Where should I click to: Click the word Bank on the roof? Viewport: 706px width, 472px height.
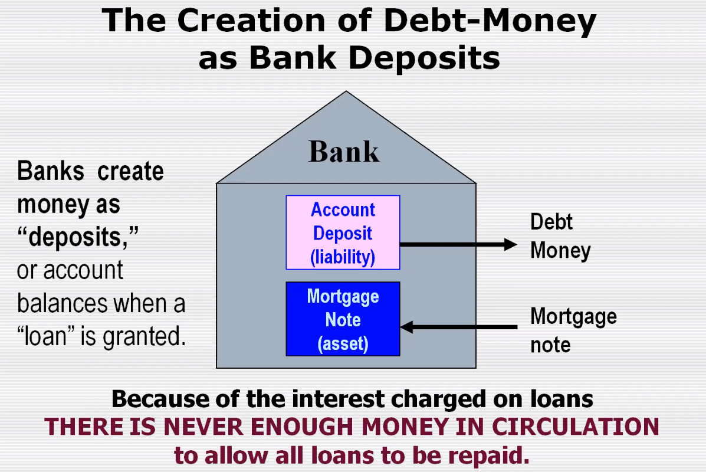(x=344, y=151)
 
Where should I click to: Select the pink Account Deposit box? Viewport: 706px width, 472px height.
(x=343, y=232)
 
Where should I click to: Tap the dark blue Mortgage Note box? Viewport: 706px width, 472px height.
(x=343, y=319)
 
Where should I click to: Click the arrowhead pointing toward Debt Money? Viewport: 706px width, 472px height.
(x=511, y=245)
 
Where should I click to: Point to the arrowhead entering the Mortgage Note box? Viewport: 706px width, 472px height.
(x=406, y=327)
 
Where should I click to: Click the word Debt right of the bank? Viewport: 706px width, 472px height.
(x=551, y=222)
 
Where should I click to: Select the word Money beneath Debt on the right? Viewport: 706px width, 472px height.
(x=560, y=251)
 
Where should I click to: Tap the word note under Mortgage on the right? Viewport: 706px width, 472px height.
(x=550, y=345)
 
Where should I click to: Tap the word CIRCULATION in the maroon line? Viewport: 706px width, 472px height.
(x=576, y=427)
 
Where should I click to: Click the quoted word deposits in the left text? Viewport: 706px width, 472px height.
(x=77, y=237)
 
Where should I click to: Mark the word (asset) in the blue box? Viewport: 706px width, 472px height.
(x=343, y=343)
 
